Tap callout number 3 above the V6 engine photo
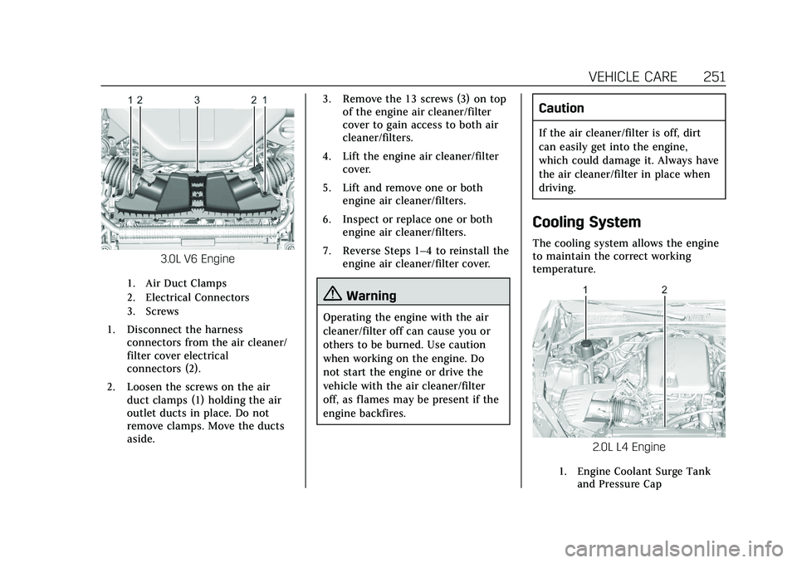pos(198,100)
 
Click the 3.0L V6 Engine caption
pos(198,258)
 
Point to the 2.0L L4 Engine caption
pos(628,448)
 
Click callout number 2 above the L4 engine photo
pos(664,289)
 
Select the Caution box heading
pos(561,109)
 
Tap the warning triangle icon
pos(333,296)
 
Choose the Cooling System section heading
pos(586,223)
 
